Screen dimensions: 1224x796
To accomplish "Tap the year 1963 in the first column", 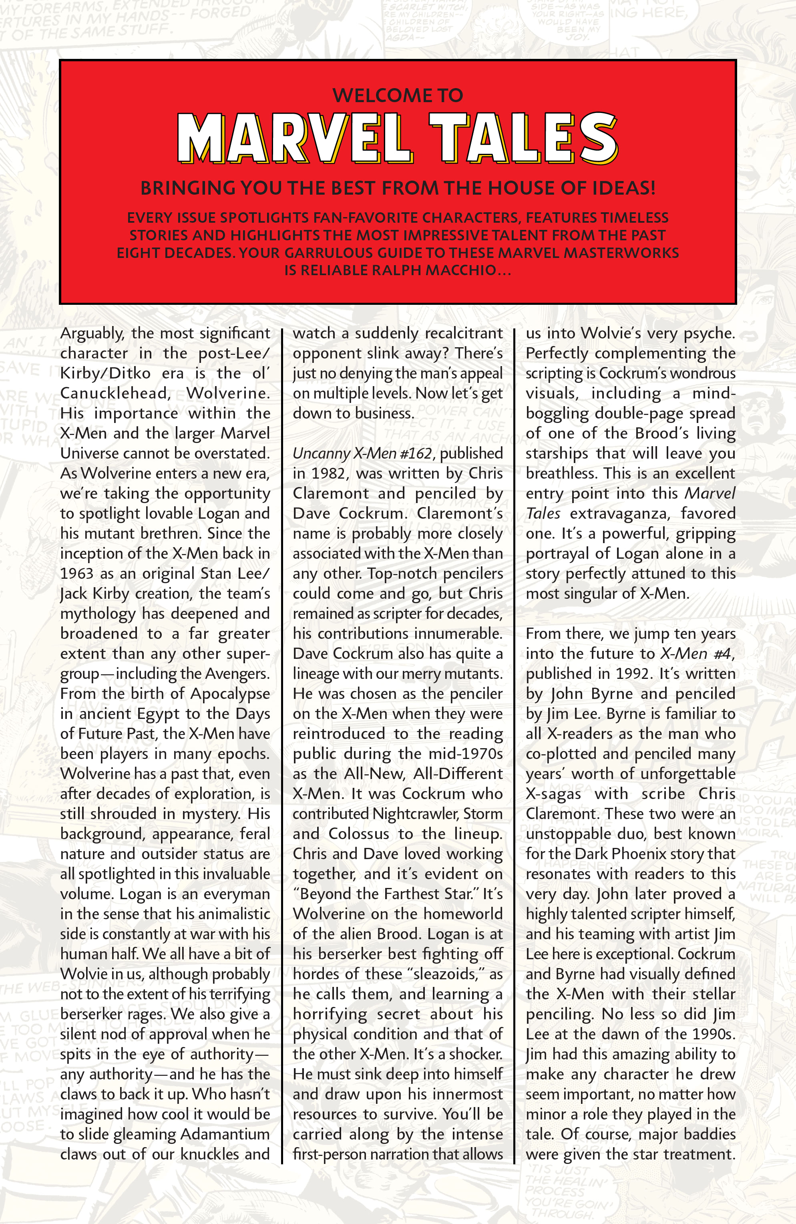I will [76, 574].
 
